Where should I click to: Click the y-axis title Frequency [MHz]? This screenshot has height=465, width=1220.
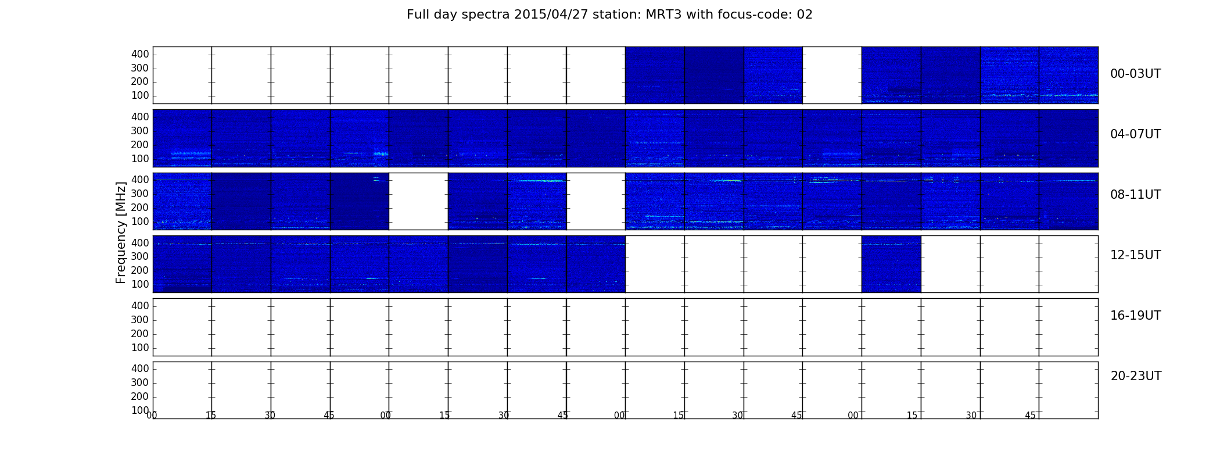(121, 233)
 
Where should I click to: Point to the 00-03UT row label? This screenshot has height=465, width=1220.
(1136, 74)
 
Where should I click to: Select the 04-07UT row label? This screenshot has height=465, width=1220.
(1136, 134)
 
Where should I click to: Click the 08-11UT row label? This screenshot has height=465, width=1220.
(1136, 195)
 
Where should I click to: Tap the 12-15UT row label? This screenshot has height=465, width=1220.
(1136, 255)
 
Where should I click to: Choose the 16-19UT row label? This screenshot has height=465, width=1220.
(1136, 316)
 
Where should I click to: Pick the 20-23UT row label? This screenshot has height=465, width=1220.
(1136, 376)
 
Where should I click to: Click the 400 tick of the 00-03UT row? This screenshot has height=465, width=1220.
(140, 54)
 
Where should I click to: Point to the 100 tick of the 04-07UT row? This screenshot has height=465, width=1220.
(140, 159)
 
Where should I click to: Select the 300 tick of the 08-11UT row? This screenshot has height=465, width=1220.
(140, 194)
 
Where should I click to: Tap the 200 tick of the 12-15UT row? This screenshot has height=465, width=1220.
(140, 270)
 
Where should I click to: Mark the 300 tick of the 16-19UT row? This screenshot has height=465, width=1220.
(140, 320)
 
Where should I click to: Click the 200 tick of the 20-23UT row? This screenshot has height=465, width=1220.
(140, 396)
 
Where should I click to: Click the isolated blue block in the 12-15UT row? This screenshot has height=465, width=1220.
(891, 264)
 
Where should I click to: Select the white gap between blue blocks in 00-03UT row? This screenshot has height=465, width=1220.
(832, 75)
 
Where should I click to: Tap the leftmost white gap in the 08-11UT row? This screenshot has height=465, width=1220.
(418, 201)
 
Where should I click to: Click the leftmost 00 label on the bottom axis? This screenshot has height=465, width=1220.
(152, 415)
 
